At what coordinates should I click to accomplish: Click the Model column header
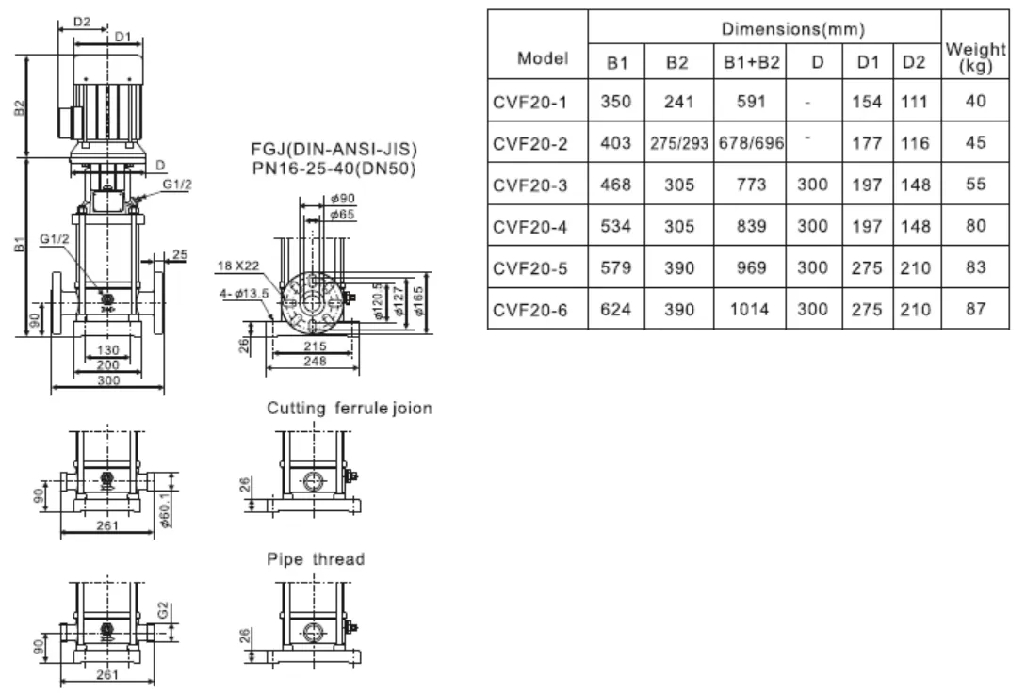[x=544, y=58]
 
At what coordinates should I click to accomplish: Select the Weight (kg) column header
[x=975, y=58]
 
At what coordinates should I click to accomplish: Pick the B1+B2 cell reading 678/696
[x=751, y=143]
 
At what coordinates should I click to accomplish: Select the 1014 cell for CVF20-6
[x=751, y=309]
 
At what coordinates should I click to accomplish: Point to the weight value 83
[x=975, y=267]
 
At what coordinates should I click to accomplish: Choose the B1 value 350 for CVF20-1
[x=617, y=102]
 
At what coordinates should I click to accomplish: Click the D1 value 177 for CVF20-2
[x=868, y=143]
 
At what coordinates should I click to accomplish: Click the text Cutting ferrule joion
[x=350, y=409]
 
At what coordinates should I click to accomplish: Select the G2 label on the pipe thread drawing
[x=163, y=613]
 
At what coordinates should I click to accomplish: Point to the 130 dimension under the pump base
[x=108, y=351]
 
